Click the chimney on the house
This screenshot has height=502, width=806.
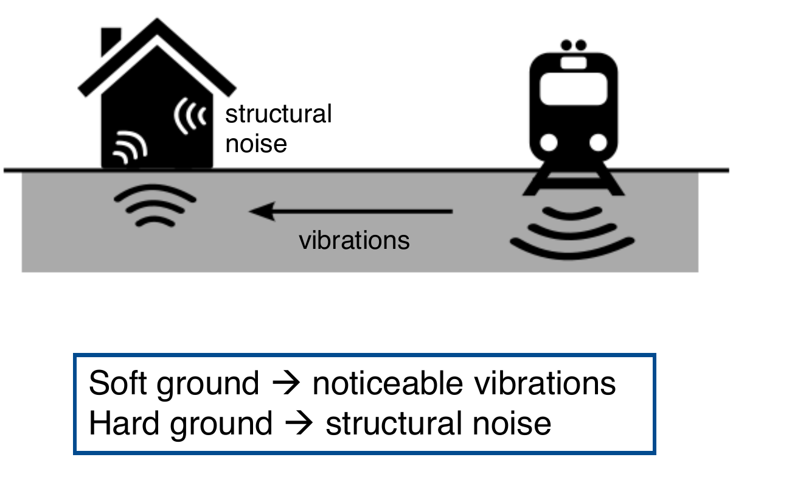[x=111, y=41]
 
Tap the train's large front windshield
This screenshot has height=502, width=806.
[x=574, y=89]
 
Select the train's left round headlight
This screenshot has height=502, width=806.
[x=549, y=142]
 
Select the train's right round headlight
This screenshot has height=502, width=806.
[x=599, y=142]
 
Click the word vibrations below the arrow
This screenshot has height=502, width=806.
[x=355, y=240]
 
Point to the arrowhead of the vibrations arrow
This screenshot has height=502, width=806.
[x=250, y=211]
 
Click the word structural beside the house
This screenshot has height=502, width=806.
[x=279, y=114]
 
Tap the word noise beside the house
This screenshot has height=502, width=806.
[x=256, y=144]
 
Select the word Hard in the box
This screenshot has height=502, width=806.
[x=124, y=423]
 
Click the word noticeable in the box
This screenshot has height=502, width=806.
[x=388, y=383]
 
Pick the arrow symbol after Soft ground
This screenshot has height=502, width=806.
[x=286, y=383]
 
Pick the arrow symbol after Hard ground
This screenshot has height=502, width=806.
[x=299, y=424]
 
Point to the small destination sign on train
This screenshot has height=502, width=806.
[x=574, y=63]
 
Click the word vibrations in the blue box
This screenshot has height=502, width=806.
[x=545, y=383]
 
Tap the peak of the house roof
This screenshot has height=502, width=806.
[x=157, y=19]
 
